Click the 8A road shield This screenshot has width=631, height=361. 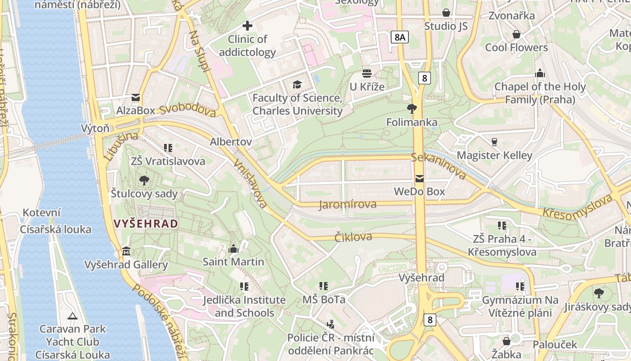click(399, 37)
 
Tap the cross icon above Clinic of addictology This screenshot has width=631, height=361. click(247, 26)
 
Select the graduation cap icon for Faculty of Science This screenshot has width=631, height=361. click(297, 84)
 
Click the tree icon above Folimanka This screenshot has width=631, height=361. click(412, 108)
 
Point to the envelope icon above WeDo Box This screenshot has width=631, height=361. click(420, 179)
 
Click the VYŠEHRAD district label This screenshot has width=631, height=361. click(146, 223)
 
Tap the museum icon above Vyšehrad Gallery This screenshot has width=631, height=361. click(126, 251)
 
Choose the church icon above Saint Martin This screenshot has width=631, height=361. click(233, 248)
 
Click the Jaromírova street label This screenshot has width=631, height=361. click(348, 204)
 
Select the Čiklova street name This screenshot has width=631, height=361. click(353, 237)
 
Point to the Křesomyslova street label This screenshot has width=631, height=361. click(577, 206)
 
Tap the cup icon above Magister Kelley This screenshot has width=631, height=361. click(494, 142)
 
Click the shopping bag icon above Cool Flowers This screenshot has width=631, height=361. click(517, 34)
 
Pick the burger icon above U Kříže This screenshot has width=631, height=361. click(367, 73)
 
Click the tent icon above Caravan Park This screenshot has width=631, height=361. click(72, 315)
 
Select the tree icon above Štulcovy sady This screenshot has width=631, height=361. click(144, 180)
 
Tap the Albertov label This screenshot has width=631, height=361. click(231, 142)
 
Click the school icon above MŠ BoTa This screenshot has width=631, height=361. click(324, 286)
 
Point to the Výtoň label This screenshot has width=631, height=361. click(95, 128)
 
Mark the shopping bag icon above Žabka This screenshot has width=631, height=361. click(507, 341)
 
